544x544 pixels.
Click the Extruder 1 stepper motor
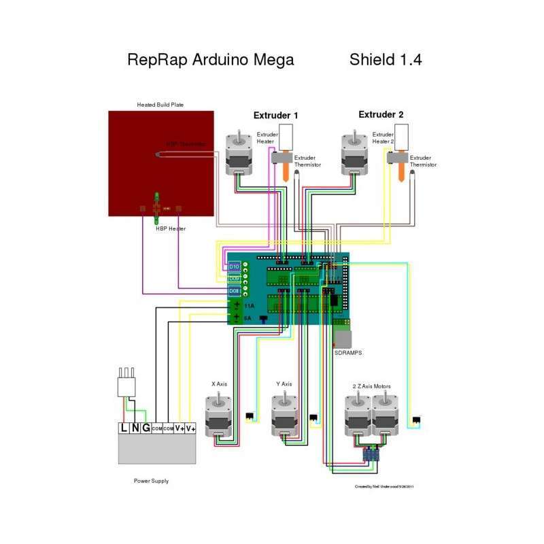237,154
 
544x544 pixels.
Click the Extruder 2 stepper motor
354,154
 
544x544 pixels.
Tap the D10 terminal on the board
234,267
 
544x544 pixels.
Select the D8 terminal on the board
234,291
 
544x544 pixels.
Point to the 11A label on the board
249,306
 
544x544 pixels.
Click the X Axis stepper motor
219,415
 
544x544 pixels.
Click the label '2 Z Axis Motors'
372,386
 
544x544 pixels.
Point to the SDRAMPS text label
347,354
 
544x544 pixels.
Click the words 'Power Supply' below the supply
151,481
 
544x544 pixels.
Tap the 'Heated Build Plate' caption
160,105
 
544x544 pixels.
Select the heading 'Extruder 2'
381,115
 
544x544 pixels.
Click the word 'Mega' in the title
271,60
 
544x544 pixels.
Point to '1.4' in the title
410,60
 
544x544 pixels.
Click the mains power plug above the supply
128,385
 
